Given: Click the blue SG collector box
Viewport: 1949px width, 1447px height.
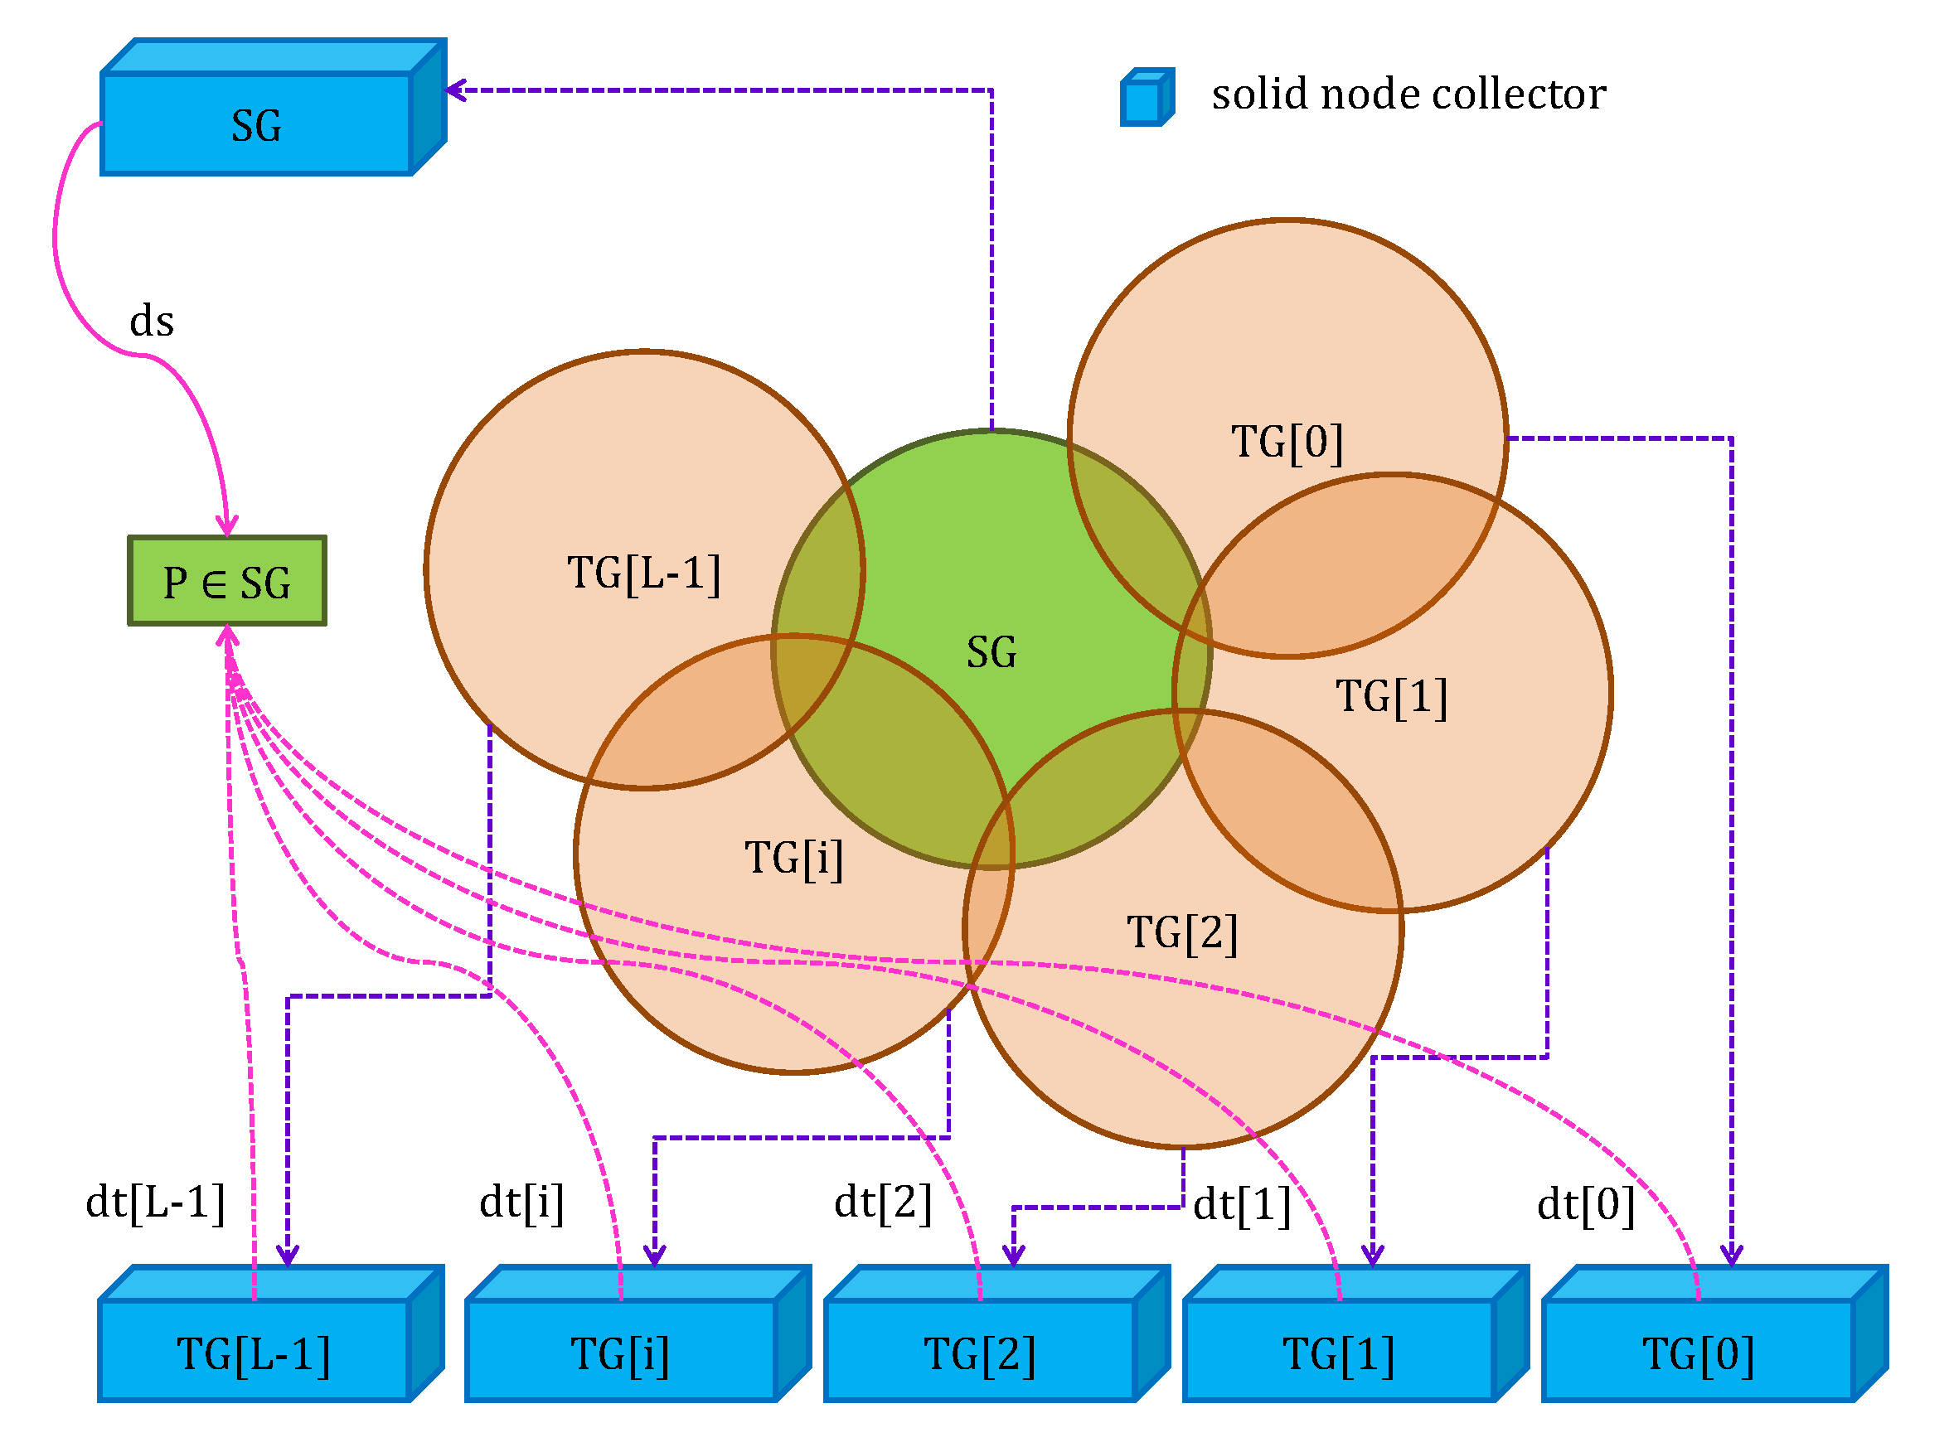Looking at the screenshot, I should pos(256,125).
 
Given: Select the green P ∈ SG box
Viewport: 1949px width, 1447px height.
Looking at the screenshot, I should pos(227,582).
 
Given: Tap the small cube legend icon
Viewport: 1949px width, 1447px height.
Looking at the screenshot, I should pos(1146,97).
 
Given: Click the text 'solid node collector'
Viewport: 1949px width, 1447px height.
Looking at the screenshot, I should pos(1408,94).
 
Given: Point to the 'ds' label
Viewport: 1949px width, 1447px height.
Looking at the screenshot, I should pos(152,322).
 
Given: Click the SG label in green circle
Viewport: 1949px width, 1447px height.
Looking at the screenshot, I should pos(991,652).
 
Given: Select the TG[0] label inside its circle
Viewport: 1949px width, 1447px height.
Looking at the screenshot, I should pos(1286,442).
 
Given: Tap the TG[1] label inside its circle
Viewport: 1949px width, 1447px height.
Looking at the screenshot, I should pos(1390,696).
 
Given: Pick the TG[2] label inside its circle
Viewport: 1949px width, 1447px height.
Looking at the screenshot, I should pos(1181,932).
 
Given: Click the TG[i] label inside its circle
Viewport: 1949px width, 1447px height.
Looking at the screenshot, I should pos(793,858).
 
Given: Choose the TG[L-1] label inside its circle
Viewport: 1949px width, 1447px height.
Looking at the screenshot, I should pos(643,573).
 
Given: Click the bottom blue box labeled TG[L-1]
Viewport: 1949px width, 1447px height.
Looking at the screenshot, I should pos(254,1353).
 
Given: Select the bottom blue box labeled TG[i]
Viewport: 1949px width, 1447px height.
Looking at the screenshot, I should pos(620,1353).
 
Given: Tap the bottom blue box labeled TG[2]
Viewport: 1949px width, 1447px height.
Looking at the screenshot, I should pos(979,1353).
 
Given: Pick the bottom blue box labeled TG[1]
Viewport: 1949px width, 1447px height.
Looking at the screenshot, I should pos(1339,1353).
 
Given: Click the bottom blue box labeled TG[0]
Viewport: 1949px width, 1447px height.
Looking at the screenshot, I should pos(1697,1353).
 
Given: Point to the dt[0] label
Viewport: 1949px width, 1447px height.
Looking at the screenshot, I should pos(1585,1204).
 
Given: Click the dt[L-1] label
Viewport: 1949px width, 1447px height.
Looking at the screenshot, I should pos(155,1202).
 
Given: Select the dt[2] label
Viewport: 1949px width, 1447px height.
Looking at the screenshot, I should pos(882,1202).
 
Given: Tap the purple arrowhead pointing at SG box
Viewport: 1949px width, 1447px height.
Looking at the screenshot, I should pos(455,90).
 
